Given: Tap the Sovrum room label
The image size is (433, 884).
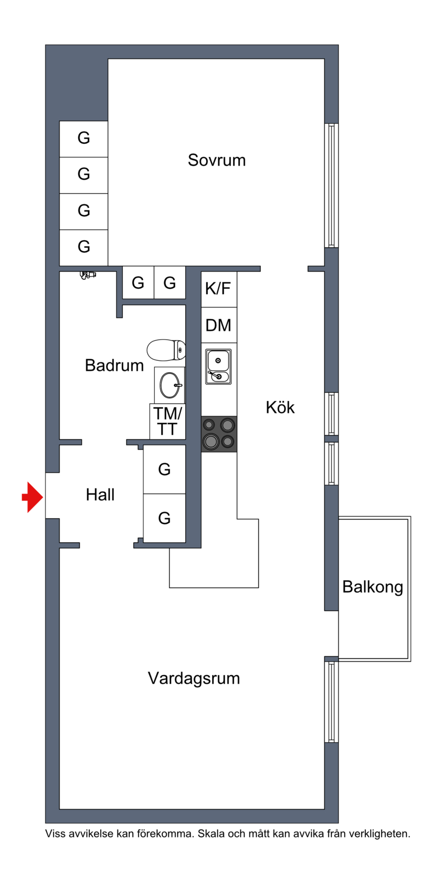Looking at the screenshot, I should point(216,160).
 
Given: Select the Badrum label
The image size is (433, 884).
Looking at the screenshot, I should point(114,365).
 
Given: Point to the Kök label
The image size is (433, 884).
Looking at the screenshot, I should point(280,407).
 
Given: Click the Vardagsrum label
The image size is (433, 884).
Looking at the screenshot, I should point(194,678).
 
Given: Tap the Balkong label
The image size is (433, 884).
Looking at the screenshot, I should point(372,587).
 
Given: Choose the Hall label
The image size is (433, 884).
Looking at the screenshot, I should point(100,494).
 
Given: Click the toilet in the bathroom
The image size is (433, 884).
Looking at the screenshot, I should point(166,350).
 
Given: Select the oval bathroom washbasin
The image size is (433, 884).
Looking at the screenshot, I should point(169,385).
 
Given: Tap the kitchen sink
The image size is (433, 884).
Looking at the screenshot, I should point(218,366).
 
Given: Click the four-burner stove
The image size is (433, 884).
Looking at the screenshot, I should point(219,433).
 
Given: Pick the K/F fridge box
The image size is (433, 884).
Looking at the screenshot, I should point(218,289).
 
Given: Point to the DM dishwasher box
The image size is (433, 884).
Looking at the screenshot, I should point(219,325).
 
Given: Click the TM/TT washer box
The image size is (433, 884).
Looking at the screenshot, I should point(167,421).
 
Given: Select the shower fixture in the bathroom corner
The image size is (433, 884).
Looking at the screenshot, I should point(87,275).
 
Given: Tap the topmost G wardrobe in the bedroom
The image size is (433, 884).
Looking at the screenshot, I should point(83,138).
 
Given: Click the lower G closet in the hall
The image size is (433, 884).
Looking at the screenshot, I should point(165,518).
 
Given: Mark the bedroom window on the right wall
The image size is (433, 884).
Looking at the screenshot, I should point(331,185).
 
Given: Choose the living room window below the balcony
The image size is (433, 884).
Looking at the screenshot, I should point(331,702).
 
